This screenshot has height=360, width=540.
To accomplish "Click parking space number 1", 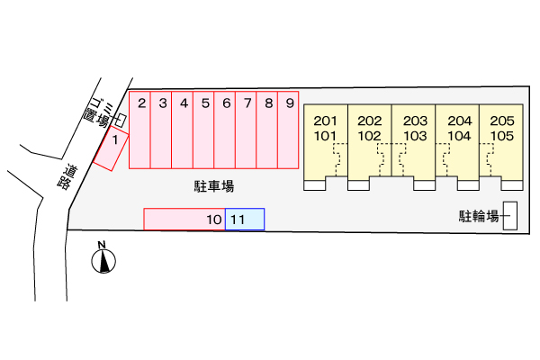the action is pos(111,148).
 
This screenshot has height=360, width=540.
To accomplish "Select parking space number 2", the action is pos(139,130).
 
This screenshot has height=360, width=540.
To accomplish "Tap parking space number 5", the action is pos(203,130).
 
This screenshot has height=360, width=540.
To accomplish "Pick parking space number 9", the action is pos(288,130).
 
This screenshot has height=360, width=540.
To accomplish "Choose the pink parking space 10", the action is pos(184,219).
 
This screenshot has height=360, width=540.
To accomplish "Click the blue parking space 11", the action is pos(245,219).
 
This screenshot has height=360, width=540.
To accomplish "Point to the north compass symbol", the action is pos(103,261).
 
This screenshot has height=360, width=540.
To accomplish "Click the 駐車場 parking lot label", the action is pos(214,186).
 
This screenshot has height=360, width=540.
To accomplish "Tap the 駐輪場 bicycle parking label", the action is pos(479,216).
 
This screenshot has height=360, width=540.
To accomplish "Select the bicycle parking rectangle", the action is pos(510,216).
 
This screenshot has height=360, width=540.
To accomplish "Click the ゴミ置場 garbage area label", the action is pos(99,112).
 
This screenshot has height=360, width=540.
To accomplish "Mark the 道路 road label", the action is pos(67,177).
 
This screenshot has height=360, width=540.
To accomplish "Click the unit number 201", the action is pos(325,121).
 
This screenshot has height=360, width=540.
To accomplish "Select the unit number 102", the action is pos(369,136).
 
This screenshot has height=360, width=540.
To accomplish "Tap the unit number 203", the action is pos(415,121).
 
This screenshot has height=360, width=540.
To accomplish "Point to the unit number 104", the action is pos(459,136).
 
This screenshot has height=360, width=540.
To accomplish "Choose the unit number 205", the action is pos(502,121).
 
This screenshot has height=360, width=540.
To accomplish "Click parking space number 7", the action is pos(246,130).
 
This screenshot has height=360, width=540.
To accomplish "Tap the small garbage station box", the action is pos(121,121).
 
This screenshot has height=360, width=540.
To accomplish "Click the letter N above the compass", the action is pos(102,245).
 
